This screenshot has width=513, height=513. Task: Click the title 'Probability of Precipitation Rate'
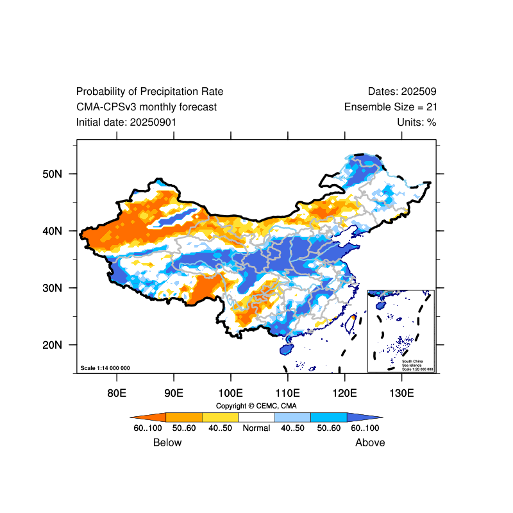tap(149, 92)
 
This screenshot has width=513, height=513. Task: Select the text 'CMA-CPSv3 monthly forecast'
tap(146, 107)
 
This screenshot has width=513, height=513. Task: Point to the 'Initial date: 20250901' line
tap(126, 122)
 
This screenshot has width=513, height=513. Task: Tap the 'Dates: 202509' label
tap(402, 92)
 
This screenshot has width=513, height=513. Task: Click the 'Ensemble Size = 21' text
tap(391, 107)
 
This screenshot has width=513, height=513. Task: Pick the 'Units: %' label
tap(417, 122)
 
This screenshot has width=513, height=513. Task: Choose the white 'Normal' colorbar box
tap(256, 417)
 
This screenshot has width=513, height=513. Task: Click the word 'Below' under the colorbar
tap(167, 442)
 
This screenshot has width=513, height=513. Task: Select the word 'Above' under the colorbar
tap(370, 442)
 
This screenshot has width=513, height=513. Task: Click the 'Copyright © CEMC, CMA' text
tap(256, 406)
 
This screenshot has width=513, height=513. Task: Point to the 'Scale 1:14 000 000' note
tap(105, 368)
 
